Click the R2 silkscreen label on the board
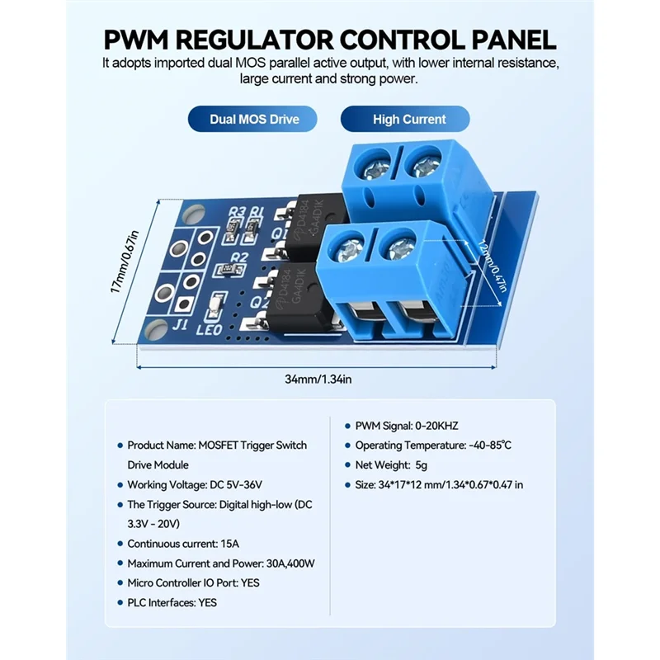click(238, 258)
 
